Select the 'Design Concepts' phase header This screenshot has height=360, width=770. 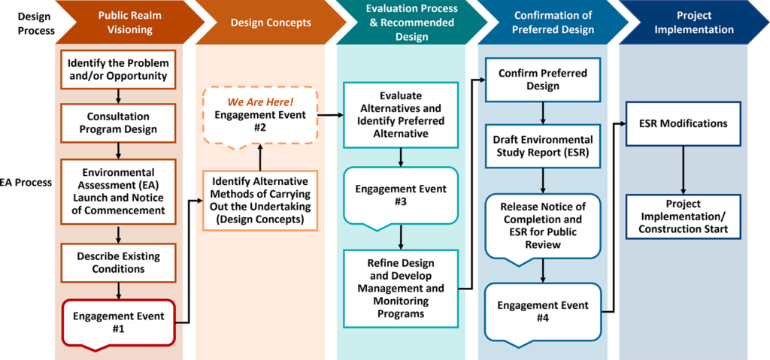click(271, 23)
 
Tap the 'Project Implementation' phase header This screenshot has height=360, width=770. click(693, 23)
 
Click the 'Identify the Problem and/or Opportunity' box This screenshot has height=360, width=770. click(118, 69)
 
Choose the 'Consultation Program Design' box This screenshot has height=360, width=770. click(118, 123)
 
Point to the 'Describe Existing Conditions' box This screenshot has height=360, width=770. click(118, 262)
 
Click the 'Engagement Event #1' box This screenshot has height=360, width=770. click(118, 322)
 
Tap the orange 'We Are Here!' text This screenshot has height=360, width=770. click(260, 101)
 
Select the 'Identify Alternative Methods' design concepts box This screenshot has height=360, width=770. click(259, 201)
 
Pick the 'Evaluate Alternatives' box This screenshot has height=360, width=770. click(401, 114)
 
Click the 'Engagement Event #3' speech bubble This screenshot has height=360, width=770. click(401, 195)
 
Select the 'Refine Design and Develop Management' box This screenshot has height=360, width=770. click(401, 288)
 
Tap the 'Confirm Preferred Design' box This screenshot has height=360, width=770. click(542, 80)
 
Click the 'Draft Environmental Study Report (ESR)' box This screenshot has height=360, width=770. click(542, 146)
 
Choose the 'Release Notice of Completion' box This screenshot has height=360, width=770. click(542, 225)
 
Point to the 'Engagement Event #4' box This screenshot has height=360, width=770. click(542, 312)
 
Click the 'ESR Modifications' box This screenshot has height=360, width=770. click(684, 123)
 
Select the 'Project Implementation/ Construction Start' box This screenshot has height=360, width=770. click(684, 216)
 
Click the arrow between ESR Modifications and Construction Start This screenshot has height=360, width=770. click(684, 170)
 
